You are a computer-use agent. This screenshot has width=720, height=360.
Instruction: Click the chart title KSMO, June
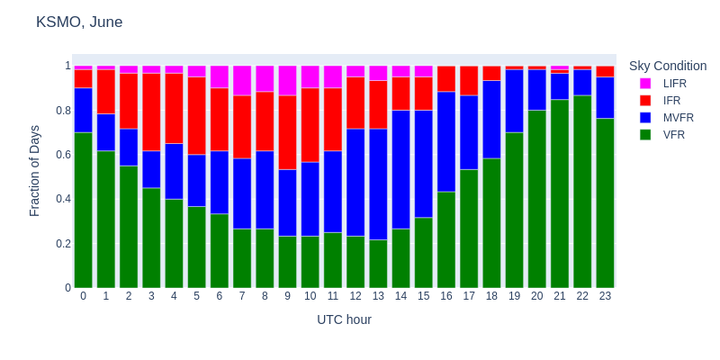[79, 22]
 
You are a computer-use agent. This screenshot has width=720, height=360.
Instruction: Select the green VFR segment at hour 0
[83, 210]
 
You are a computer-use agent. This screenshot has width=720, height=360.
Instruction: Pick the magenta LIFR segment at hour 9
[287, 80]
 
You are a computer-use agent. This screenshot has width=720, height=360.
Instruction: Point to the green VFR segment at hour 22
[582, 191]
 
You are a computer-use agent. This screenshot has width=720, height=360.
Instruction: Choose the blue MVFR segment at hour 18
[491, 119]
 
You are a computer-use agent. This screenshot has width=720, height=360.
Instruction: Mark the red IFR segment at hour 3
[151, 112]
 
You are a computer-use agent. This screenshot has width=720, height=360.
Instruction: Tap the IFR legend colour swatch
[645, 100]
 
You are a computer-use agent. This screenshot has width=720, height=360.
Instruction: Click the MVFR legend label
[678, 117]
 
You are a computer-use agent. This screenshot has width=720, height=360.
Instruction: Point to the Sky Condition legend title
[667, 66]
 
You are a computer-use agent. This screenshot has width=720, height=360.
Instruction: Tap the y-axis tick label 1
[67, 66]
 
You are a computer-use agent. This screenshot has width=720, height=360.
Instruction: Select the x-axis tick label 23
[605, 296]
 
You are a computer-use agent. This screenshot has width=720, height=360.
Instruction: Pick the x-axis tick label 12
[355, 296]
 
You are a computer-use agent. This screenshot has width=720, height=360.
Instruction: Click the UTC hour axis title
[344, 319]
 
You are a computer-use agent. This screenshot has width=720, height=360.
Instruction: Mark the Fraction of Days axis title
[35, 176]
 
